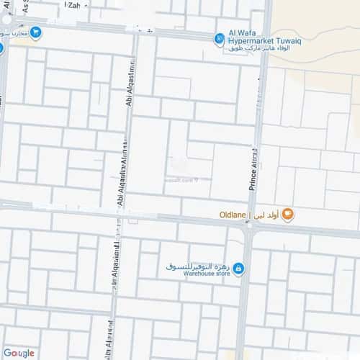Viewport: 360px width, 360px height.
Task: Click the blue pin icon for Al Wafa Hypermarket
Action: pos(220,39)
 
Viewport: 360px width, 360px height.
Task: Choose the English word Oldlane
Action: pos(232,215)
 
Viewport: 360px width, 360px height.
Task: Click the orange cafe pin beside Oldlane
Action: pos(287,213)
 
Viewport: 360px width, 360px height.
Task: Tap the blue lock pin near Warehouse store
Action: pos(238,269)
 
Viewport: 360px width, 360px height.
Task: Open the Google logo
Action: pos(18,353)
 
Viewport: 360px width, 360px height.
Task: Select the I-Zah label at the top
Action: pos(72,4)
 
